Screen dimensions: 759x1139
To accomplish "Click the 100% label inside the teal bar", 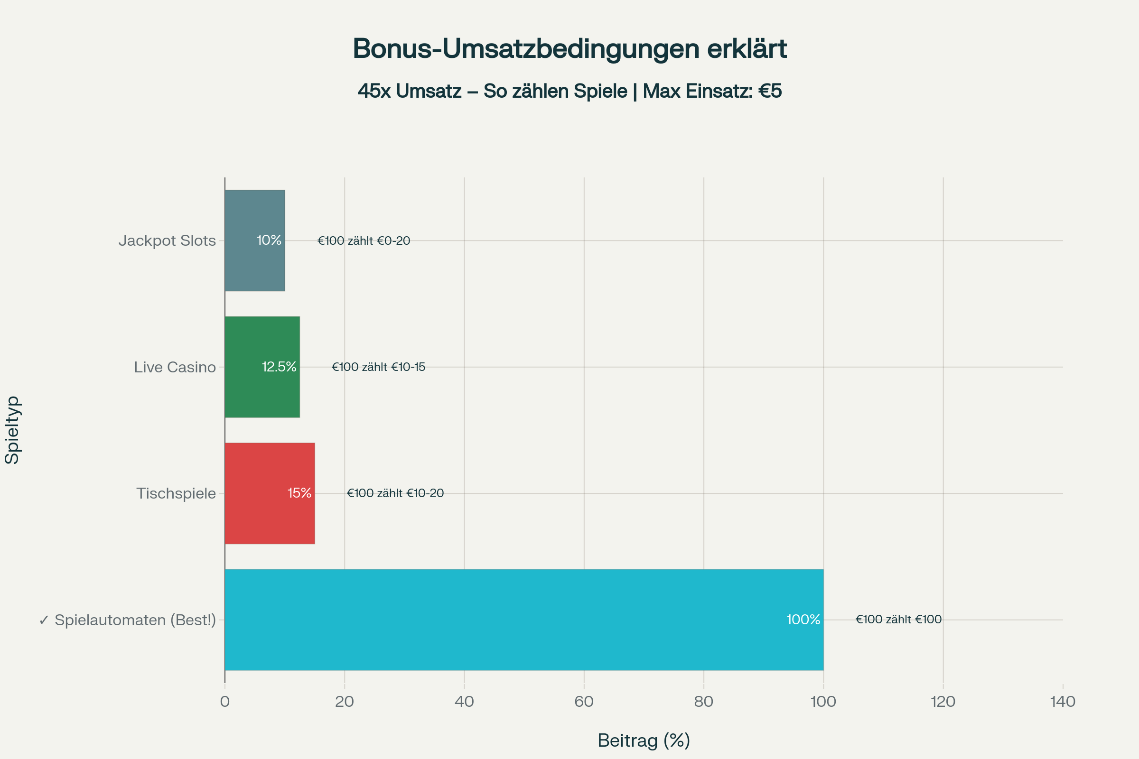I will coord(803,620).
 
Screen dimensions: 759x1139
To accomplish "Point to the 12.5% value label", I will coord(279,367).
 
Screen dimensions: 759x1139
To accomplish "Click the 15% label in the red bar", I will coord(299,493).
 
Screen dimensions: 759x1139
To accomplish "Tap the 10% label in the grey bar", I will coord(269,240).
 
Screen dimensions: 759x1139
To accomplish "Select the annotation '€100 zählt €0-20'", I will coord(364,241).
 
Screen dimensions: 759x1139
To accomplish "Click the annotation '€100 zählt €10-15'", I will coord(378,367).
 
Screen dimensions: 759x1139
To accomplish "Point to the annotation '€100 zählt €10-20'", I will coord(395,493).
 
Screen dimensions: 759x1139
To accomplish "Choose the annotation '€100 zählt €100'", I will coord(898,620).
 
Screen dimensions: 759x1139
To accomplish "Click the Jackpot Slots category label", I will coord(167,241).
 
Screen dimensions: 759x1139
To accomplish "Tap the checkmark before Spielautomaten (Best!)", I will coord(44,620).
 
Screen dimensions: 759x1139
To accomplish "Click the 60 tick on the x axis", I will coord(584,702).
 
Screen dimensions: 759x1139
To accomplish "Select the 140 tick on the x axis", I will coord(1063,702).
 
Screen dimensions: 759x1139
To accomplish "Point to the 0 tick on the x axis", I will coord(224,702).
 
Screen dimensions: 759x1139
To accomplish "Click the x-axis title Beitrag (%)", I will coord(644,740).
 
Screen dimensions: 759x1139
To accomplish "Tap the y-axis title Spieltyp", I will coord(12,430).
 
